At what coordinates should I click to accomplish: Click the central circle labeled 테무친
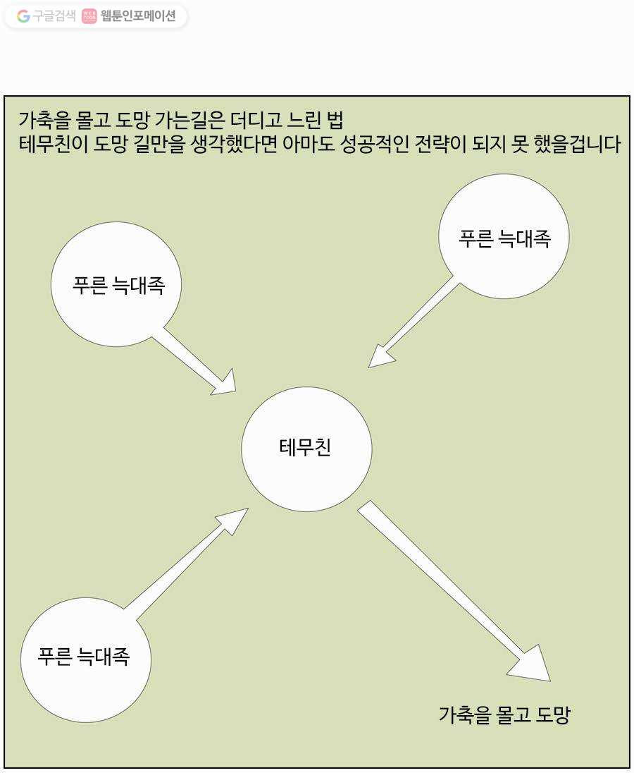[x=306, y=449]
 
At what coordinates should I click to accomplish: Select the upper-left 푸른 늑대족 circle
[x=116, y=284]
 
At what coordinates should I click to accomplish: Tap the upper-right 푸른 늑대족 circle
[x=504, y=236]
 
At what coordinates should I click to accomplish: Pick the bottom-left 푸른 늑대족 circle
[x=86, y=660]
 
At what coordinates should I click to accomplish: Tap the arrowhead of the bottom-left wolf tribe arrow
[x=234, y=520]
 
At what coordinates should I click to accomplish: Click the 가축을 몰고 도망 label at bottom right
[x=504, y=714]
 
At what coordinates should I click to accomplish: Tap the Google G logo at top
[x=23, y=16]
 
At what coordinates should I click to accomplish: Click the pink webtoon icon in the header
[x=89, y=16]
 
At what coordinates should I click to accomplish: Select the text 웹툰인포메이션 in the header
[x=138, y=16]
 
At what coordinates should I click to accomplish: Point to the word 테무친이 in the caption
[x=54, y=144]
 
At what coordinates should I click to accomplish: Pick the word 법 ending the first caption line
[x=335, y=120]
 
